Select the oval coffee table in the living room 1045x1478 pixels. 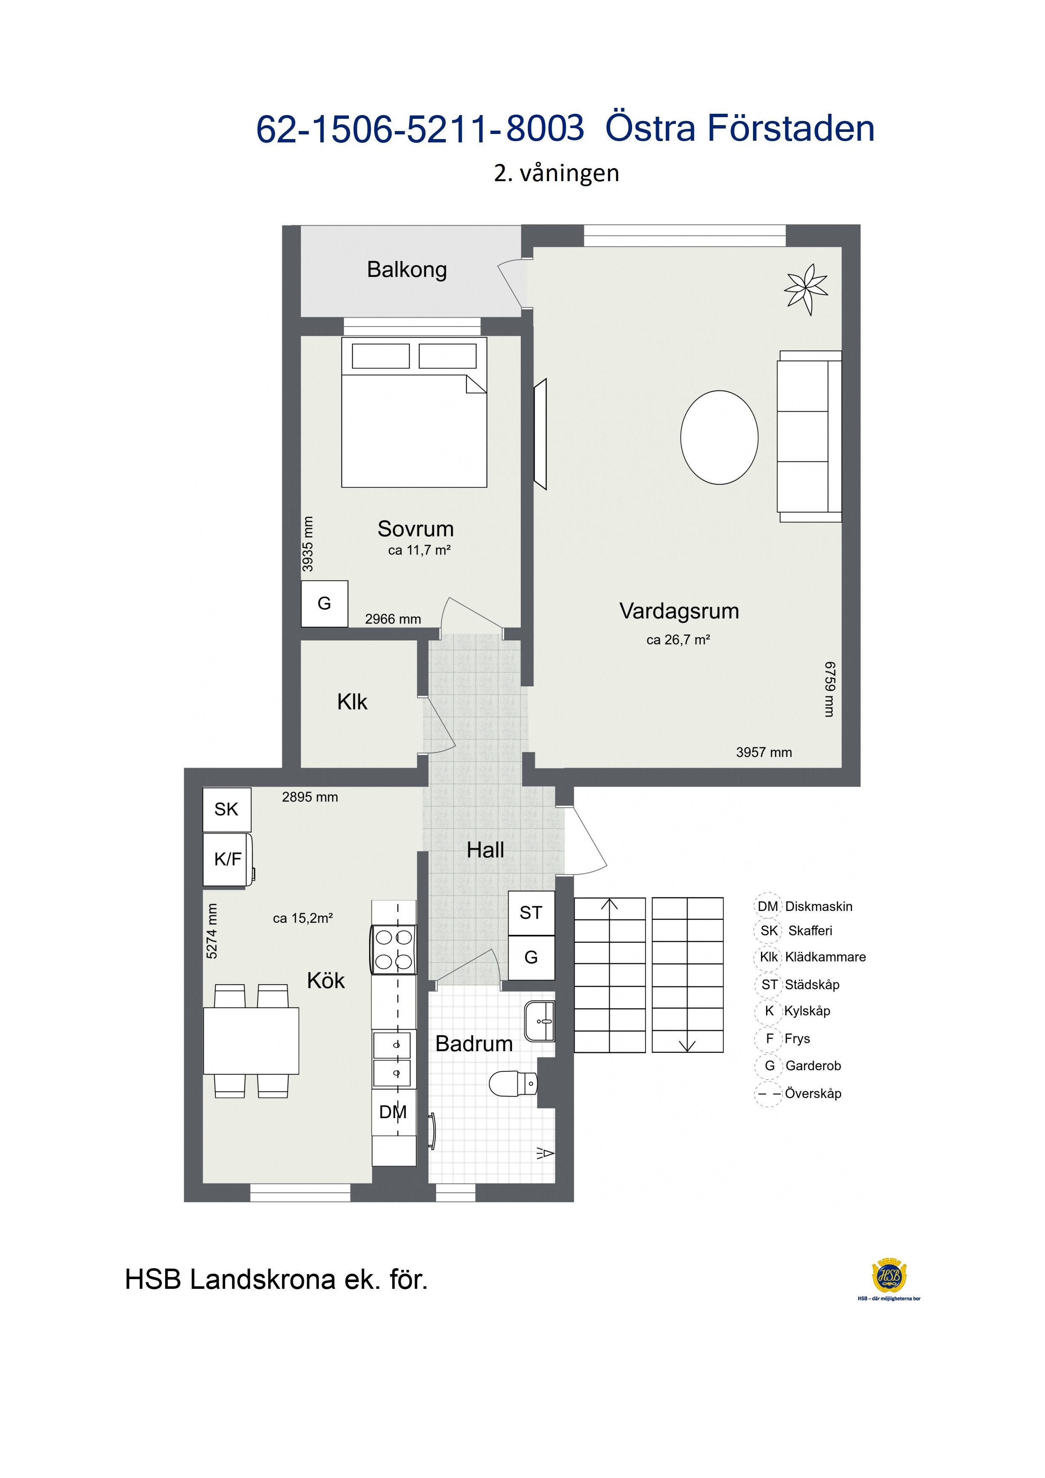(x=719, y=437)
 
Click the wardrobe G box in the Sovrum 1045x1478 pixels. (x=324, y=604)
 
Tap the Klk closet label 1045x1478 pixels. (x=352, y=702)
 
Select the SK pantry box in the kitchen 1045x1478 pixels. (x=227, y=809)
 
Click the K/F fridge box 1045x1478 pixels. (x=228, y=860)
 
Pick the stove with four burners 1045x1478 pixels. (x=394, y=950)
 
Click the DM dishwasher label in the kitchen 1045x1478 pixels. (x=393, y=1112)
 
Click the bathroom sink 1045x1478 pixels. (x=539, y=1021)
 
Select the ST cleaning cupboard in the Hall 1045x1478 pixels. (x=531, y=913)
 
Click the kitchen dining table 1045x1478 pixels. (x=251, y=1041)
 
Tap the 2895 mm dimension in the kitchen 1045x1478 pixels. (x=310, y=797)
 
